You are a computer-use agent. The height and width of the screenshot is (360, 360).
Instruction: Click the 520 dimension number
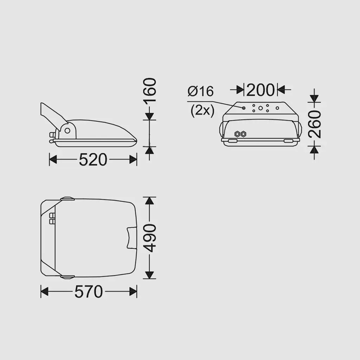point(93,160)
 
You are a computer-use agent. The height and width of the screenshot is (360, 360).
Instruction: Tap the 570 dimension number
point(89,291)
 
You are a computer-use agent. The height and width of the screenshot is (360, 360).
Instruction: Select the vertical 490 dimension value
point(149,238)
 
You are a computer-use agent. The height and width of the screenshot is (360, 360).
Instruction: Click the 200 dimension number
point(261,90)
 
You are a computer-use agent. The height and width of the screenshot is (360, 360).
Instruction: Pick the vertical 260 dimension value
point(314,124)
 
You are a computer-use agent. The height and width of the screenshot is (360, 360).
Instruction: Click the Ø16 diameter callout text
point(200,91)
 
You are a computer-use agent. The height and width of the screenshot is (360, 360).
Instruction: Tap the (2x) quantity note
point(202,111)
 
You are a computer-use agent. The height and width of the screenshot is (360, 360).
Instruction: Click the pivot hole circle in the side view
point(67,131)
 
